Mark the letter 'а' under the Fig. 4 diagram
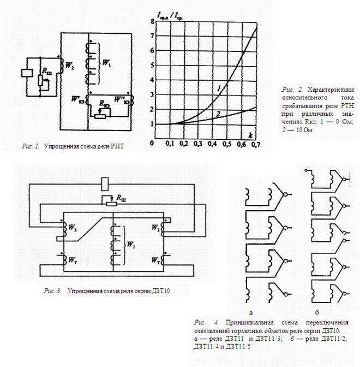tap(251, 313)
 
